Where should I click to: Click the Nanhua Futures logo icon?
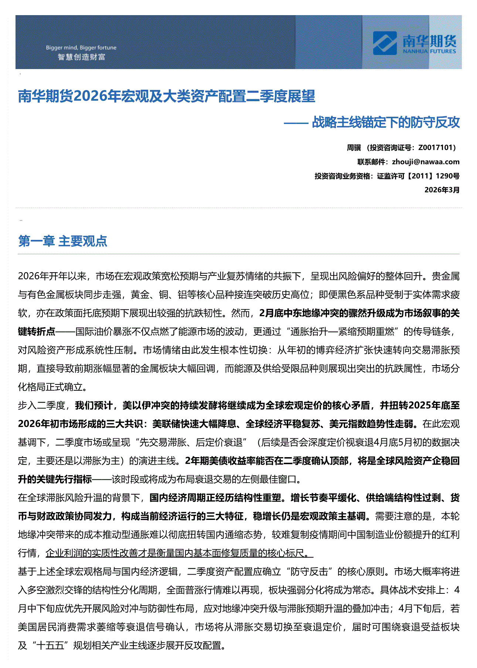(385, 43)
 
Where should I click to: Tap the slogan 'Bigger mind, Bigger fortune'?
(81, 48)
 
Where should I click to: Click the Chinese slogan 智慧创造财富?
(81, 57)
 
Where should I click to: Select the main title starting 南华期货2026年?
(166, 96)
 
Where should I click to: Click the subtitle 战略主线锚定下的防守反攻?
(386, 122)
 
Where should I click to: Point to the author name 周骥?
(354, 148)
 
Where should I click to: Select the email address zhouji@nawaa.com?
(426, 162)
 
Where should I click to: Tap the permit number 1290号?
(447, 176)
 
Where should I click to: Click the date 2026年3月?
(442, 190)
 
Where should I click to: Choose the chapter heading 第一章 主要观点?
(62, 241)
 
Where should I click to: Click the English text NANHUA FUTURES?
(429, 51)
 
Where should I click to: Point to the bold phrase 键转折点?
(37, 332)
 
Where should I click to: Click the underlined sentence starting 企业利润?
(179, 553)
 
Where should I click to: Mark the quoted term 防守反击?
(309, 572)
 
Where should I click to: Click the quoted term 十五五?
(50, 645)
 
